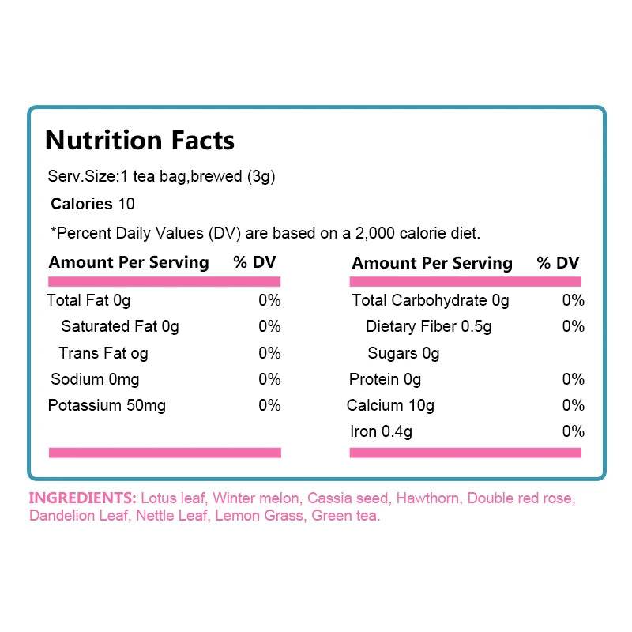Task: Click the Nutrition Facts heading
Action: point(140,140)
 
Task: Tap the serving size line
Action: point(161,177)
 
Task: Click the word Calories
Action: point(81,204)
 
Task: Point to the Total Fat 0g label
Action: point(88,300)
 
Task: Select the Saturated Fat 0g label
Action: point(120,326)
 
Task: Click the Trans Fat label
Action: point(103,353)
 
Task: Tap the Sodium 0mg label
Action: point(95,379)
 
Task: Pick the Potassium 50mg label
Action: point(107,406)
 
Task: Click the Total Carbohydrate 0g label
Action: point(431,300)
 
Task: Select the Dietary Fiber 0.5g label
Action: point(428,326)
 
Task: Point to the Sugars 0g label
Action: point(403,353)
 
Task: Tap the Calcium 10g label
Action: point(390,406)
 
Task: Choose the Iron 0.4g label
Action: point(381,431)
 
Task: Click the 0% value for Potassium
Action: point(269,406)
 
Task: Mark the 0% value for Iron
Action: point(573,431)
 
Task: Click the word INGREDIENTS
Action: point(82,498)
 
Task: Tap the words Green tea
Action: point(346,517)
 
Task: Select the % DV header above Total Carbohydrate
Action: point(558,263)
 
